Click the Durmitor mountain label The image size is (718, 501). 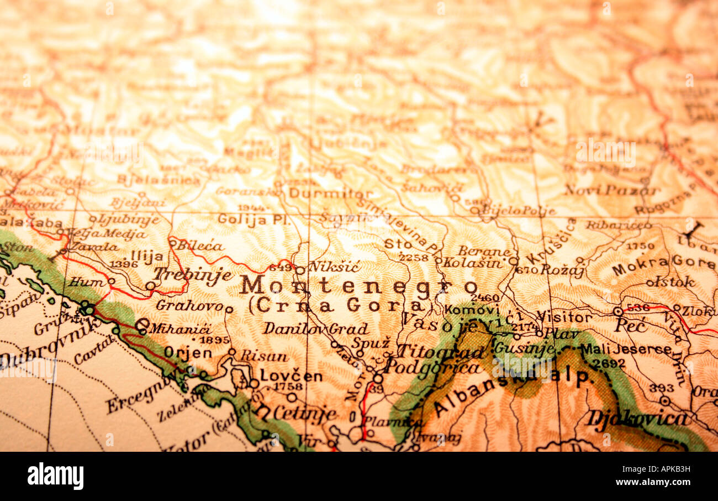click(x=330, y=194)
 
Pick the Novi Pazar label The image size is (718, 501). click(x=611, y=190)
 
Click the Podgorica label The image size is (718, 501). click(x=432, y=367)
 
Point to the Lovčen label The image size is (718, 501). click(x=291, y=375)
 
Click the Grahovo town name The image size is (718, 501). click(x=189, y=305)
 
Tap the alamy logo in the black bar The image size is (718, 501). click(x=55, y=476)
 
